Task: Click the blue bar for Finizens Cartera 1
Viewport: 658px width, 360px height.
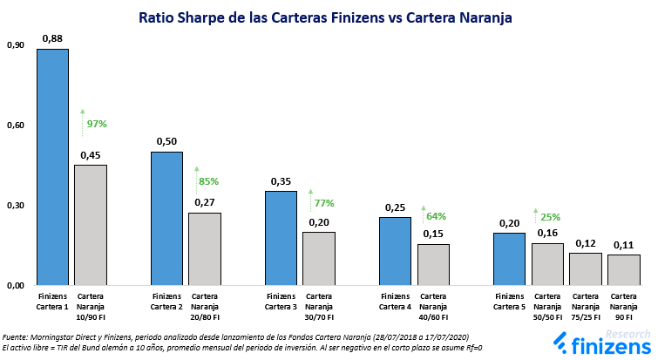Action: (52, 166)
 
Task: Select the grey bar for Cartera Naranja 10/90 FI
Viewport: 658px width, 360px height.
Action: (90, 225)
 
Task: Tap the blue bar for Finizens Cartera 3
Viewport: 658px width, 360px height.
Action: (281, 238)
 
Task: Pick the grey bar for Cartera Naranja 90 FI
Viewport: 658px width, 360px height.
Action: (623, 269)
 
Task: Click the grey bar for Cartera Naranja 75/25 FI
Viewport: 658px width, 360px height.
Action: (586, 268)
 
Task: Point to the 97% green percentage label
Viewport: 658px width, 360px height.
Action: (97, 124)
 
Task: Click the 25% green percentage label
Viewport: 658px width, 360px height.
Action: (551, 217)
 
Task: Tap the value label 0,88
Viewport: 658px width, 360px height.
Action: (52, 38)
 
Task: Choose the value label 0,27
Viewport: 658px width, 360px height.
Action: (205, 203)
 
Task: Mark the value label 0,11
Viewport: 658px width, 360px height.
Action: (623, 245)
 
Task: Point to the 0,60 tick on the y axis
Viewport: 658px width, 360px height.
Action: (15, 126)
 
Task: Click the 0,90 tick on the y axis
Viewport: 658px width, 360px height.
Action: (15, 45)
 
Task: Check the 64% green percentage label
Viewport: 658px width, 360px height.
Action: (437, 216)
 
